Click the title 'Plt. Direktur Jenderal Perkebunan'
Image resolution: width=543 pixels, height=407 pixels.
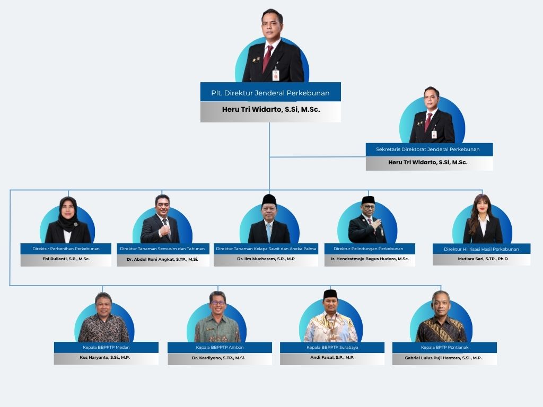coord(270,93)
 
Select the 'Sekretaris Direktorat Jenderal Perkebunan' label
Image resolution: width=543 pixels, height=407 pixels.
coord(428,149)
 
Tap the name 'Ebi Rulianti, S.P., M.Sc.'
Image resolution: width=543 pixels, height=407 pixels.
coord(66,259)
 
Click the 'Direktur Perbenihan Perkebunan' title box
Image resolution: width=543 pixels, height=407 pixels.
coord(66,249)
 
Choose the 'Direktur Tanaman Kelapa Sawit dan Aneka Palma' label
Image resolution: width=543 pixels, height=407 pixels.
coord(266,249)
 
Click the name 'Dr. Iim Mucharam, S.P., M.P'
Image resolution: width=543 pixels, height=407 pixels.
coord(266,259)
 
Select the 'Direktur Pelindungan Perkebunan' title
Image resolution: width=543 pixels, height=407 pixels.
coord(369,249)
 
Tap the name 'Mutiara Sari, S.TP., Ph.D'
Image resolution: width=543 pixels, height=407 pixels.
coord(483,259)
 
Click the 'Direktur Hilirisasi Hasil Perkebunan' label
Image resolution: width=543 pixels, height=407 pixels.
coord(481,249)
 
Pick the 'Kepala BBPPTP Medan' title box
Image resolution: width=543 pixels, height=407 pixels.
coord(106,348)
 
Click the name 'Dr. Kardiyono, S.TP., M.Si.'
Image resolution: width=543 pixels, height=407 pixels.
coord(218,358)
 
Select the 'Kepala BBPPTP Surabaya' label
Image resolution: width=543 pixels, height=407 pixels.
coord(332,348)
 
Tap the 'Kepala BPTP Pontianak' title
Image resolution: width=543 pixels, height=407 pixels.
coord(445,348)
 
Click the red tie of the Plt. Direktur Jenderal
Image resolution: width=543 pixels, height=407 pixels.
coord(267,58)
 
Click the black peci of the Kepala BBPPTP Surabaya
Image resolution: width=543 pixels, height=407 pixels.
coord(330,295)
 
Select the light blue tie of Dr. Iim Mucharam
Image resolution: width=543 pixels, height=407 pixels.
coord(269,233)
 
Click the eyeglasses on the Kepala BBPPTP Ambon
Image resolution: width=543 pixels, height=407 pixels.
coord(218,303)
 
